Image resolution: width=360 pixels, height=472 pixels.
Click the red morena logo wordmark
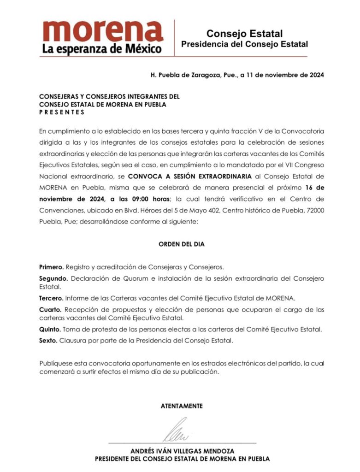[103, 31]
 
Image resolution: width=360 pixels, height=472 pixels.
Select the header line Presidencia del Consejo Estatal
[244, 44]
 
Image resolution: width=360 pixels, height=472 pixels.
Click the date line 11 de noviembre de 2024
[285, 75]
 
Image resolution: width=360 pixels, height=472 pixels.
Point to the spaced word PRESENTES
[62, 112]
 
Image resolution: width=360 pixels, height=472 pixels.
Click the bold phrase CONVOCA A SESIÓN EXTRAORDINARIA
[190, 177]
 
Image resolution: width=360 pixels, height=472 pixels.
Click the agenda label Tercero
[50, 297]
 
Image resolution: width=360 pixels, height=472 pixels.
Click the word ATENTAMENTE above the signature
[182, 406]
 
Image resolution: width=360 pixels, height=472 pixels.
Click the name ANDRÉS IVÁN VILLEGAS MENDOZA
[182, 451]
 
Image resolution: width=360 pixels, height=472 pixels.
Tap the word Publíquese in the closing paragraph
[56, 363]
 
